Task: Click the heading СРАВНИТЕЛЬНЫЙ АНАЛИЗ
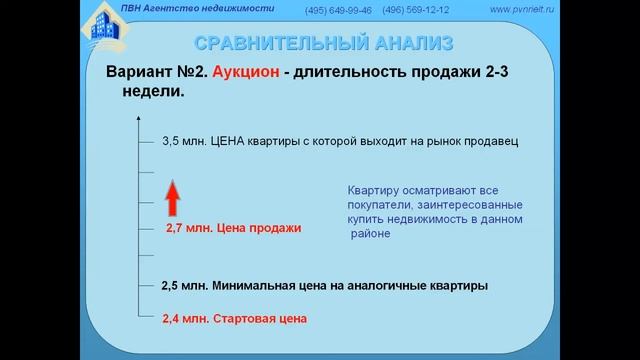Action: coord(322,43)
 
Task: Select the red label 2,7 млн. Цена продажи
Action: coord(233,228)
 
